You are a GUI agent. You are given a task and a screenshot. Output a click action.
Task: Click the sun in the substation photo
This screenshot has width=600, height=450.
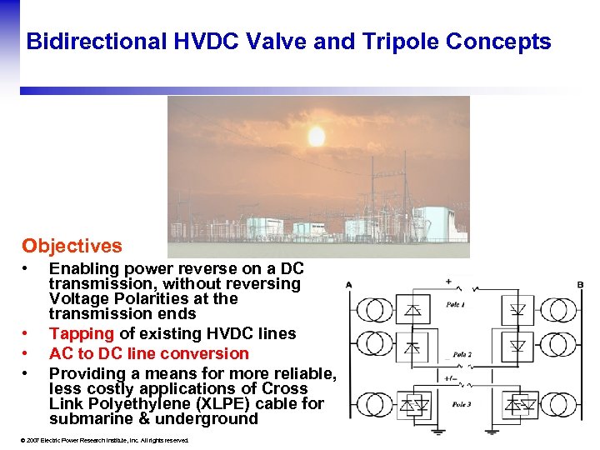tap(316, 136)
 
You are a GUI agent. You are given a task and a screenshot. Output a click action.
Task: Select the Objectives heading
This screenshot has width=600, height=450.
tap(72, 246)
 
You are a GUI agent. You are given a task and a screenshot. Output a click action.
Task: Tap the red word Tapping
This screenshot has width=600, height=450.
tap(82, 333)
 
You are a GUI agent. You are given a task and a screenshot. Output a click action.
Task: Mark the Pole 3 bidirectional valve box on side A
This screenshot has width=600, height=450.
tap(415, 406)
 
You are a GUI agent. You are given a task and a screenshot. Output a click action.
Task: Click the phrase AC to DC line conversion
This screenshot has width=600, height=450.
tap(149, 353)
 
